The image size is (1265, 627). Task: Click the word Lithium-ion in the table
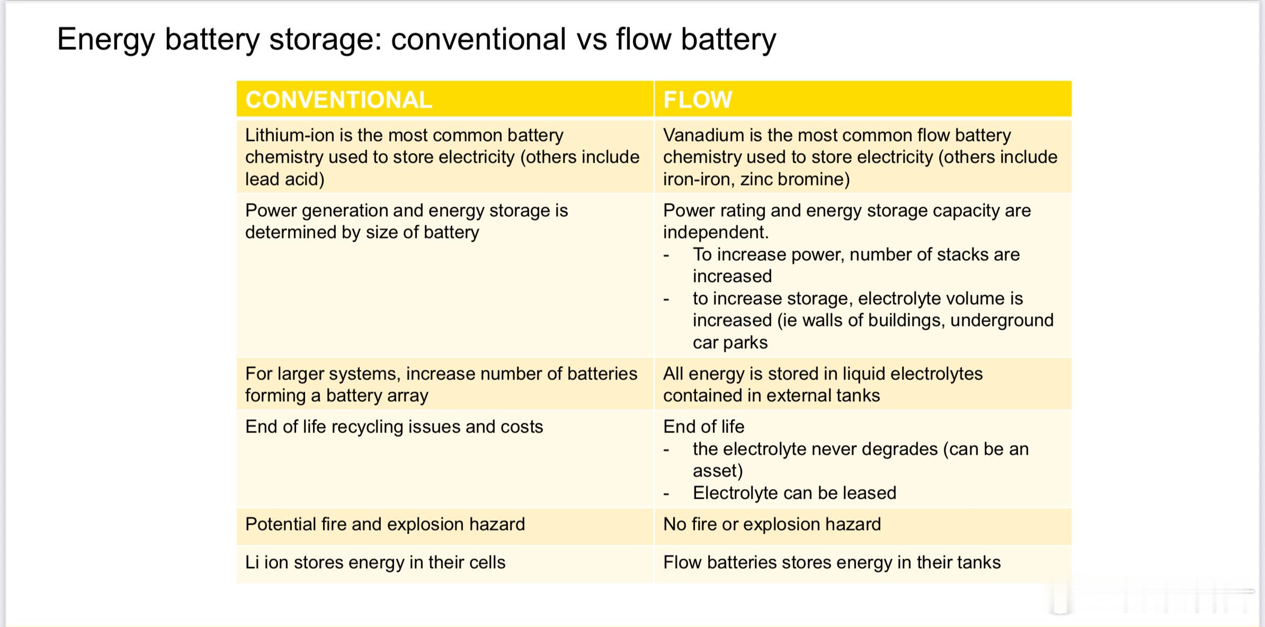click(x=290, y=135)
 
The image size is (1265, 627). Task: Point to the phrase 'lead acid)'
click(x=285, y=179)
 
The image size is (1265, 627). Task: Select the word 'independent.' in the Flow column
click(x=716, y=232)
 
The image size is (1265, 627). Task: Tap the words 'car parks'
click(x=730, y=342)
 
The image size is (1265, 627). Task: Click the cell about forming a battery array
click(x=445, y=384)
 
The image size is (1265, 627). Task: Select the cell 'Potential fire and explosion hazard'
click(x=445, y=526)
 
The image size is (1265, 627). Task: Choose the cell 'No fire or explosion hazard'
click(x=863, y=526)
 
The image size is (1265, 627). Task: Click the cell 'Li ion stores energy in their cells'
click(x=445, y=564)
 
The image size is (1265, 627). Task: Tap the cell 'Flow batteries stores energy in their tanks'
click(x=863, y=564)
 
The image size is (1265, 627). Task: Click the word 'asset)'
click(x=718, y=471)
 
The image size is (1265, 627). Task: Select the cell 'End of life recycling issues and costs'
click(x=445, y=458)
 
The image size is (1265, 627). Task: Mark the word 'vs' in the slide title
click(x=591, y=40)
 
